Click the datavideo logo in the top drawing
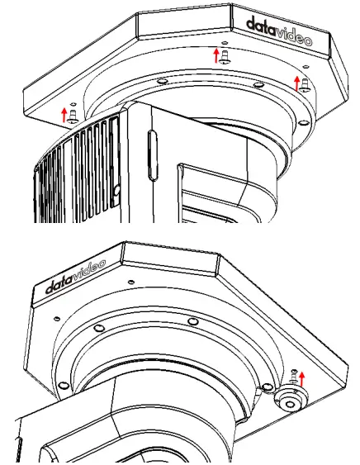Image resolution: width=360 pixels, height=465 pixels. point(280,26)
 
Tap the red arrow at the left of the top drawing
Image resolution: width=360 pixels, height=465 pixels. point(64,112)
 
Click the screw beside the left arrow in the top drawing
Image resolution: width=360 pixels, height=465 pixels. point(73,114)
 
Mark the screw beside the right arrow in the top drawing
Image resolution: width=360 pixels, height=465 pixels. point(304,83)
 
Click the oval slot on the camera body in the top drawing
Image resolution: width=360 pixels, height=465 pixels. point(149,148)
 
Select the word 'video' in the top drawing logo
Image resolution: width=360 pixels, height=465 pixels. point(296,29)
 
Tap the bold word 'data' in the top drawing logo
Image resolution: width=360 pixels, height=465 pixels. point(262,21)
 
